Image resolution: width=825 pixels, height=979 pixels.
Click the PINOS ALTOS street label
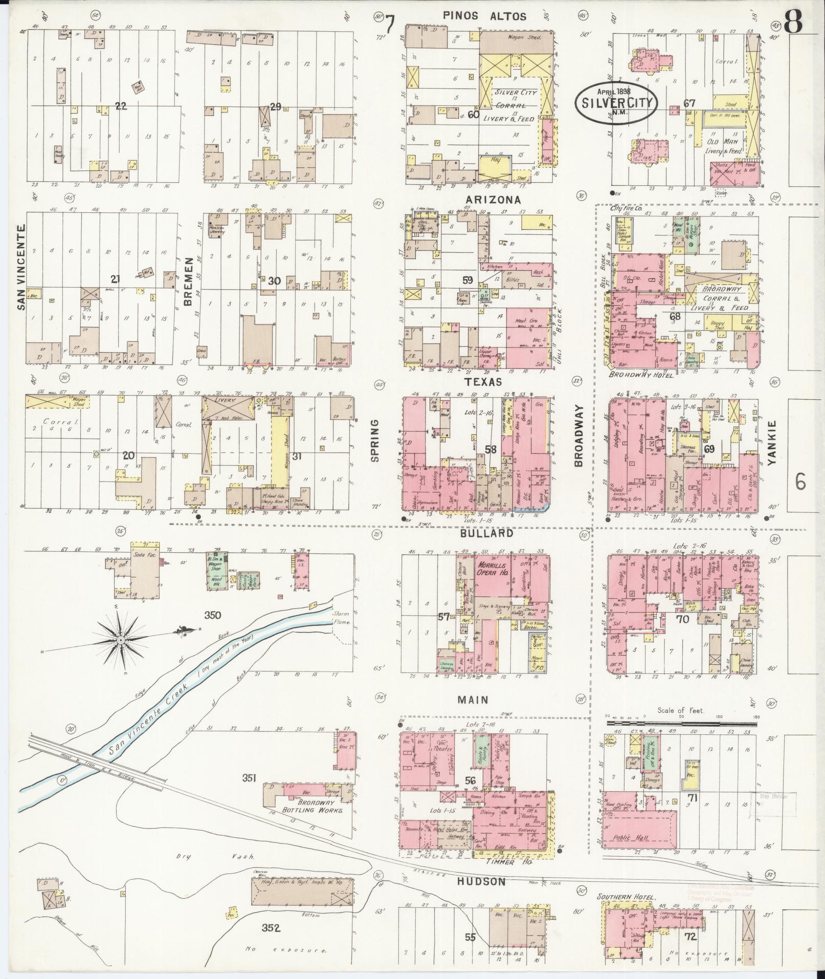tap(484, 16)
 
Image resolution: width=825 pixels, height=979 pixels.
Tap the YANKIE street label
tap(772, 443)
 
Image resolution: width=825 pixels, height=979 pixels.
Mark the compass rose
tap(121, 640)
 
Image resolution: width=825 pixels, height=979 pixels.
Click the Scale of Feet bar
tap(681, 724)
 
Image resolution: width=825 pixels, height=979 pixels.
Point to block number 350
tap(212, 615)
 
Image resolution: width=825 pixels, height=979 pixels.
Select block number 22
tap(121, 106)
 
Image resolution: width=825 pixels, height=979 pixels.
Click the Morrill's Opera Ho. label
tap(493, 569)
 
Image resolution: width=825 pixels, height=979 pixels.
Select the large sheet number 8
tap(792, 21)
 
